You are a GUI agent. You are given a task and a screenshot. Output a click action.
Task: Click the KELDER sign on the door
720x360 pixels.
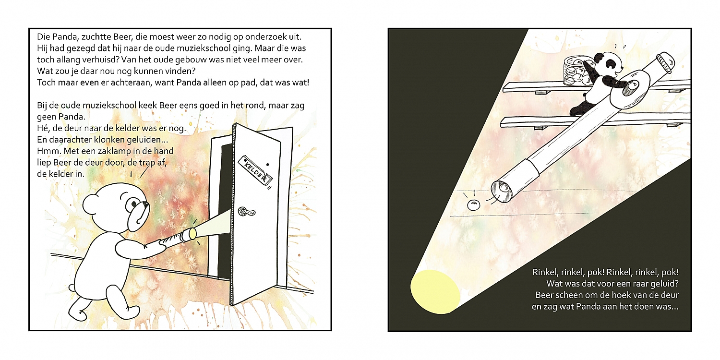point(255,171)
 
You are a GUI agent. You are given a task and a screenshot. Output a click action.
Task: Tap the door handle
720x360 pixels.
point(247,212)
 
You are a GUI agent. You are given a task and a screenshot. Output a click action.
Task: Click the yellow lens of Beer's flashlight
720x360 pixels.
point(192,234)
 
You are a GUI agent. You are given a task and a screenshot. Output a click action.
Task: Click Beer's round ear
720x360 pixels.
point(91,205)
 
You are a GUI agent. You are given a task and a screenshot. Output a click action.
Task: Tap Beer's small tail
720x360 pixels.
point(72,287)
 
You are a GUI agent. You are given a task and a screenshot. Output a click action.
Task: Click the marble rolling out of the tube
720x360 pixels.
point(473,205)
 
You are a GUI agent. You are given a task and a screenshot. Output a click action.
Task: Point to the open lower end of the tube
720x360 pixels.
point(502,192)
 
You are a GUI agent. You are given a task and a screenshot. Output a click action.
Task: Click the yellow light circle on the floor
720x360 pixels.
point(435,292)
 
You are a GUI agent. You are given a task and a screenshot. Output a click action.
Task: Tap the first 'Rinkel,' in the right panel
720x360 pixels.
point(545,273)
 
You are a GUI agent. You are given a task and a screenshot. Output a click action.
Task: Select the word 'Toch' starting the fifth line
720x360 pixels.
point(46,83)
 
